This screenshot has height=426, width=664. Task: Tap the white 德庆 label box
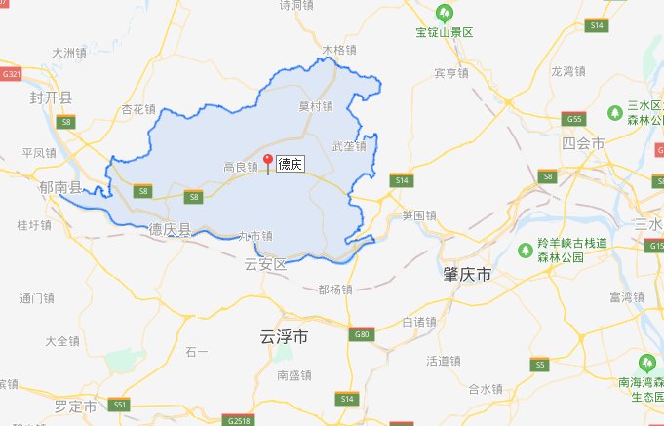click(291, 165)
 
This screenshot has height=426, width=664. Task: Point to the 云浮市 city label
click(285, 337)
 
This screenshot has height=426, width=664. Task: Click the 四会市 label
click(583, 143)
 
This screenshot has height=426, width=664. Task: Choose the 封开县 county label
click(53, 97)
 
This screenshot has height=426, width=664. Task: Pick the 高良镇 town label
click(240, 167)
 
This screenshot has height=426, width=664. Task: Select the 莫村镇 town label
click(315, 106)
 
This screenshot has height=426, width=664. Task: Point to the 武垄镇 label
click(348, 147)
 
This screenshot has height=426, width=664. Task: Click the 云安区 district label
click(266, 264)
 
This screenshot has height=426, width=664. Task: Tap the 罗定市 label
click(75, 405)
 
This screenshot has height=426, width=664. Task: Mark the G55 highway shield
click(575, 119)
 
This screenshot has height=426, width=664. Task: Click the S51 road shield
click(120, 404)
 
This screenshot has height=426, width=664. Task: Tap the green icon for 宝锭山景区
click(444, 12)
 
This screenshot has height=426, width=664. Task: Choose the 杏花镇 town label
click(137, 109)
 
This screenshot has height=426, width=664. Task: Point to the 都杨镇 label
click(336, 289)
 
